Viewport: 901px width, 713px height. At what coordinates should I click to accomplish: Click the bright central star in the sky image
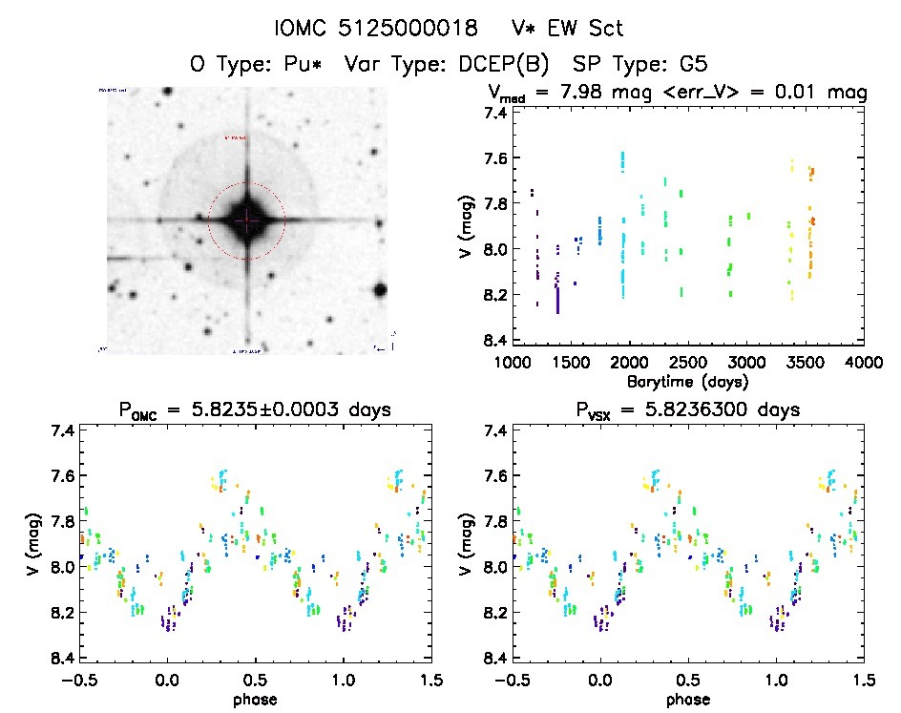[247, 220]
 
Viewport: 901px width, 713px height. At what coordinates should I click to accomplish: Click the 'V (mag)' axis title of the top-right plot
[465, 226]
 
